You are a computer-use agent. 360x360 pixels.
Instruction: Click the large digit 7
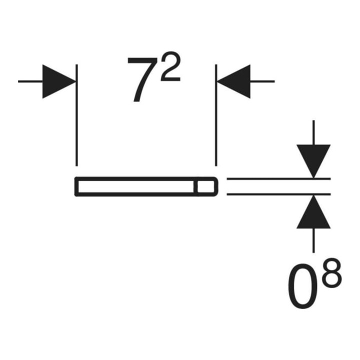click(140, 79)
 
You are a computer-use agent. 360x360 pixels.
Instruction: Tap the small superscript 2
click(170, 66)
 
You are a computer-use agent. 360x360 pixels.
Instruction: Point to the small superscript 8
click(332, 273)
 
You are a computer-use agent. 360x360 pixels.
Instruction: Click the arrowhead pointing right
click(59, 81)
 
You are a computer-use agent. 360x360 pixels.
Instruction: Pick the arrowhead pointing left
click(233, 81)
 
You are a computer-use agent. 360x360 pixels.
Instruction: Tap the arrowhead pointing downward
click(313, 161)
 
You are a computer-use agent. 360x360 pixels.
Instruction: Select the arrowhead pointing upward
click(313, 211)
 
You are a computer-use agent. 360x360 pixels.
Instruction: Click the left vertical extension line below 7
click(76, 115)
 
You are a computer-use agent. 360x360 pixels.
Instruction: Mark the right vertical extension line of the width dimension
click(216, 115)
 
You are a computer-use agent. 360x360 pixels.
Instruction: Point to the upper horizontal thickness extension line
click(278, 178)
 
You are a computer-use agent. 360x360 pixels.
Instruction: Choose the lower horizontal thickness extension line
click(278, 194)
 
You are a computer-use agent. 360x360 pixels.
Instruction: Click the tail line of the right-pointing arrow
click(30, 81)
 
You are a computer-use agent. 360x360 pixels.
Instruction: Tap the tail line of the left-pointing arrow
click(262, 81)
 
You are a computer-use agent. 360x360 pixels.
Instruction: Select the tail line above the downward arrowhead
click(313, 132)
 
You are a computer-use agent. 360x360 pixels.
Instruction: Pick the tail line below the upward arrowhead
click(313, 240)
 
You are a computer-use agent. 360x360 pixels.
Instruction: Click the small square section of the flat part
click(205, 186)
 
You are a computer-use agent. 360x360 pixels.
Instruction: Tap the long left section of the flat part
click(136, 186)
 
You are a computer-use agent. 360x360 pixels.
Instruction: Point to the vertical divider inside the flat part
click(195, 186)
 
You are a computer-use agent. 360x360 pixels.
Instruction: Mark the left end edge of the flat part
click(76, 186)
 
